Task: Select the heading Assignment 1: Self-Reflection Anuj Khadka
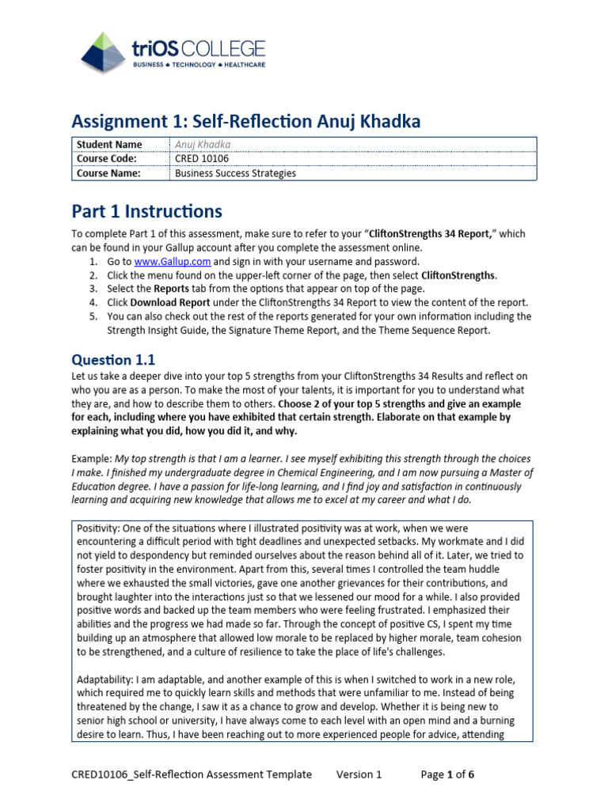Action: coord(246,121)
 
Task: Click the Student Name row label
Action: coord(109,145)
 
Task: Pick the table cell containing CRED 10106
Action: coord(201,159)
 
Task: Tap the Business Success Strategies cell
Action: coord(235,173)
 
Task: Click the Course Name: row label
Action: coord(108,173)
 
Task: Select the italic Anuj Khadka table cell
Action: coord(203,145)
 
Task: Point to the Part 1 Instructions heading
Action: coord(146,211)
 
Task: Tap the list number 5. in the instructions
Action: coord(93,316)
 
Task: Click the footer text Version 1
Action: coord(359,774)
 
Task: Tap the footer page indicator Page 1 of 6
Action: coord(447,774)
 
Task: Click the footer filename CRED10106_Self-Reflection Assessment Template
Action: coord(192,774)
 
